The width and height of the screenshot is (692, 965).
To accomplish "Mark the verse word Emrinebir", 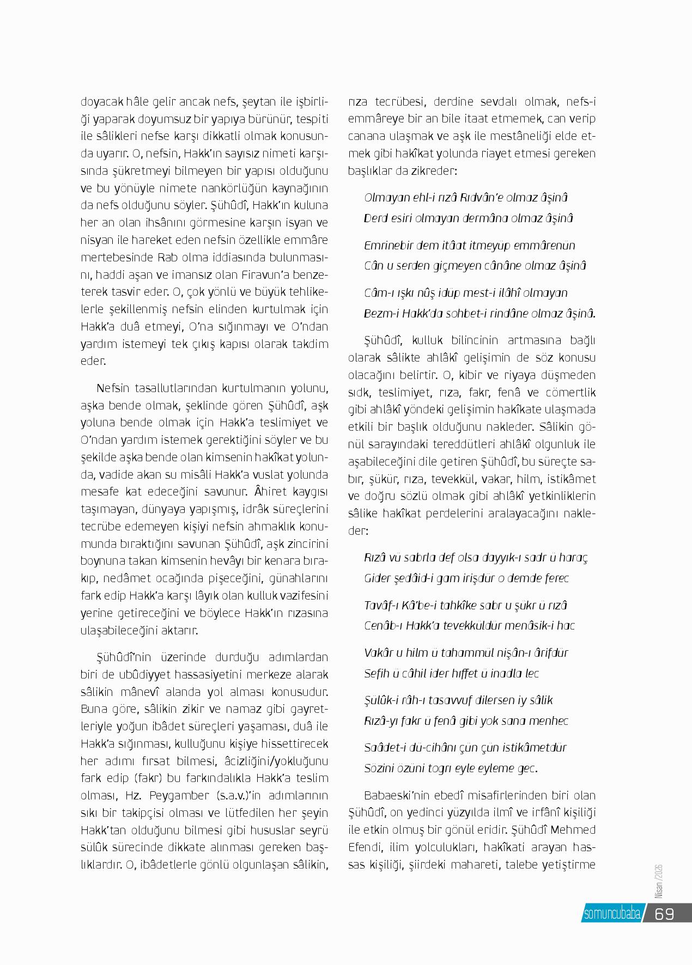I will [387, 245].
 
